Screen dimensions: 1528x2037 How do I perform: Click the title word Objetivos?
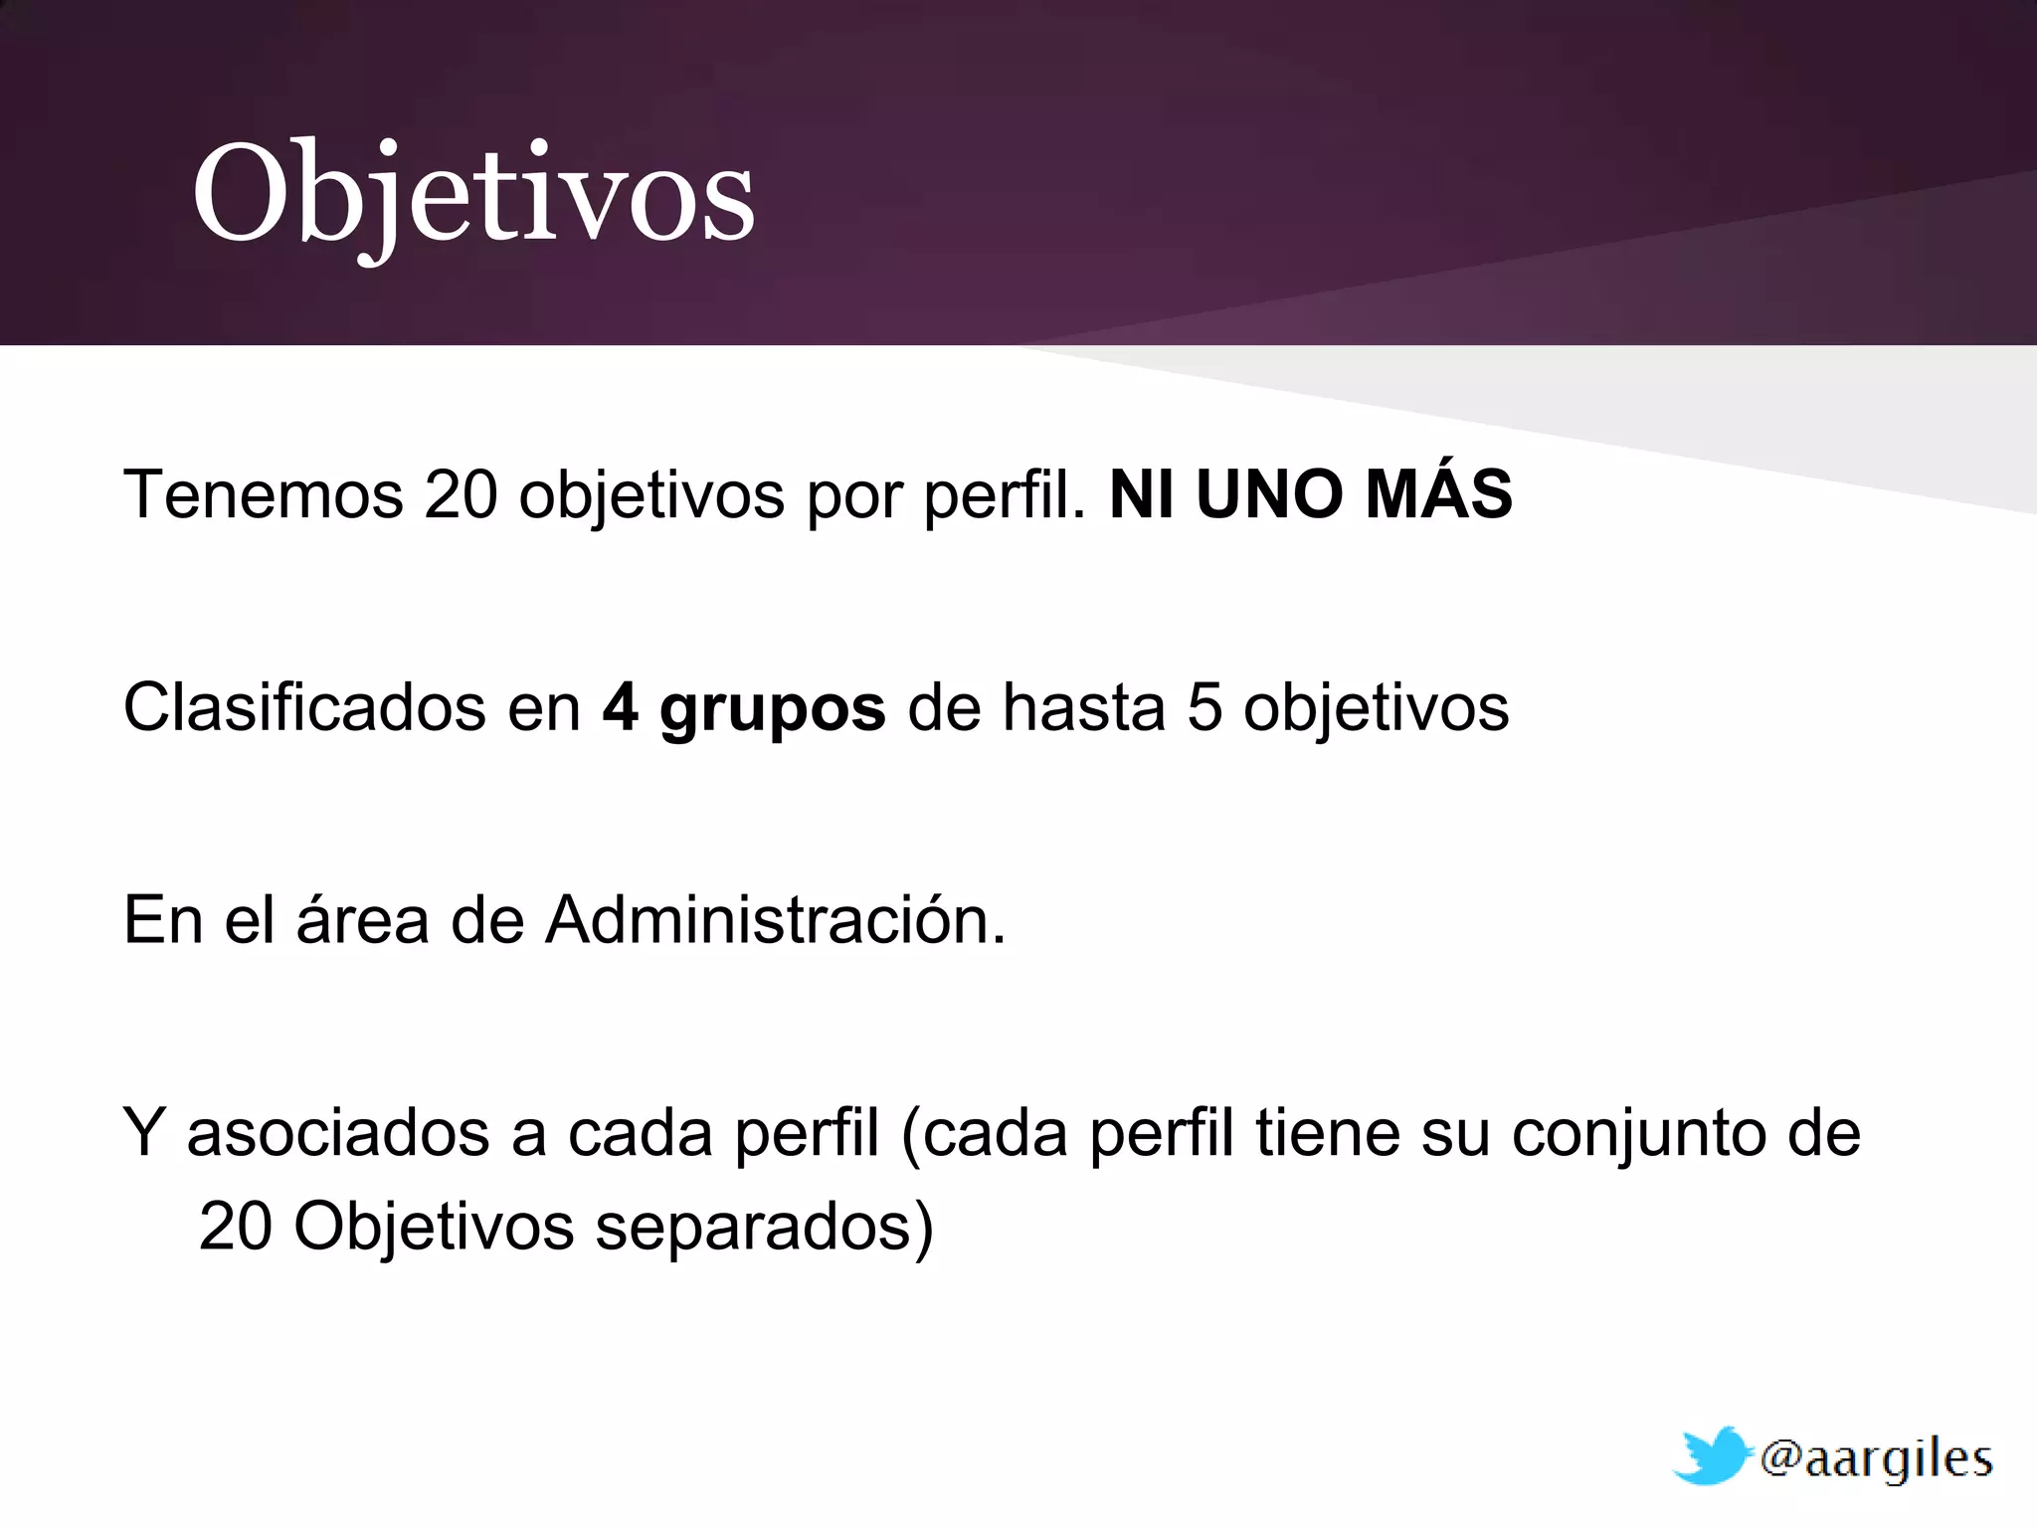coord(473,194)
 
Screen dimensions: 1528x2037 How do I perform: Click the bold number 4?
coord(620,707)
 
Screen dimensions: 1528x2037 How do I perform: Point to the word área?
coord(362,919)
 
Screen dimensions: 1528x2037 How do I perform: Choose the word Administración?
coord(776,919)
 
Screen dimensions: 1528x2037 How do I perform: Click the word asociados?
coord(338,1133)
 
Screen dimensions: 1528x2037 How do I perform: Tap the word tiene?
coord(1328,1133)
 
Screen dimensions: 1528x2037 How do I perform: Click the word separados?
coord(753,1227)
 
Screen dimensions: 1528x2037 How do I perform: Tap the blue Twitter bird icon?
coord(1710,1456)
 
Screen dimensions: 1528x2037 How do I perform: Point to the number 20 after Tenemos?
coord(461,494)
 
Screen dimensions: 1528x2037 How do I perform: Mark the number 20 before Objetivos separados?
coord(236,1226)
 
